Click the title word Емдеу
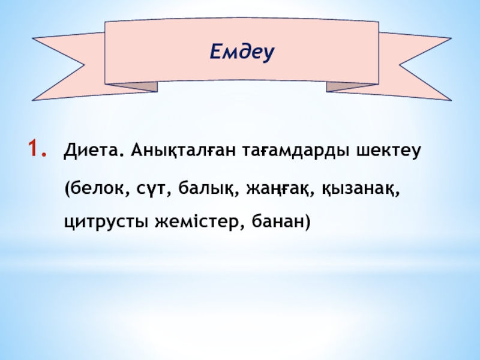(242, 52)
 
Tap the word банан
(278, 221)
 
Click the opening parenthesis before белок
(67, 189)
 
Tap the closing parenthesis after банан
(308, 221)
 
